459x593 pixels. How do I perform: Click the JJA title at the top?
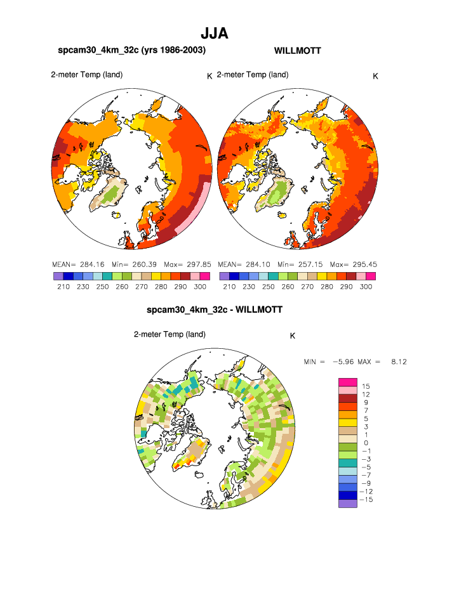214,33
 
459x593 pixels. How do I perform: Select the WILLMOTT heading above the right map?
298,51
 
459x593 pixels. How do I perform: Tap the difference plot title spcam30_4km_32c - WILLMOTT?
214,310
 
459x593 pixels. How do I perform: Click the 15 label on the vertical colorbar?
366,386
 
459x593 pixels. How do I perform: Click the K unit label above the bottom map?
292,336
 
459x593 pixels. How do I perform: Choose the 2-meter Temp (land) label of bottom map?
170,334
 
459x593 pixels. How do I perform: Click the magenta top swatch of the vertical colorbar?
347,381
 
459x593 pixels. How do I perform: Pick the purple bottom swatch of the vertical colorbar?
347,504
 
